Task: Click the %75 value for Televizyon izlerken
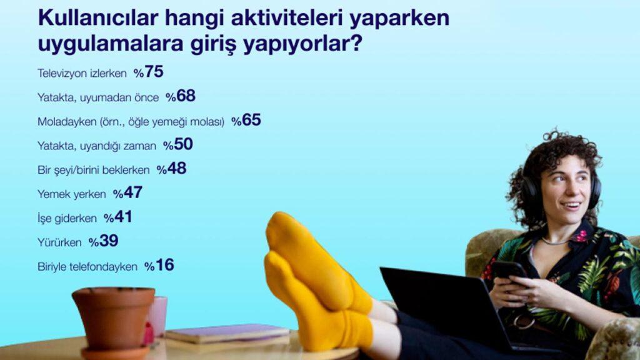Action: point(149,72)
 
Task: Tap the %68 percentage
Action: point(181,96)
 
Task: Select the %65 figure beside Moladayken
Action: point(246,121)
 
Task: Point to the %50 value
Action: point(178,144)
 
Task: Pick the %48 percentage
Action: point(171,169)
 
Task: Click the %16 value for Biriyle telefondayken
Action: point(159,265)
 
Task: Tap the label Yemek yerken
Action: point(71,194)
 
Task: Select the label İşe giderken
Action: point(67,218)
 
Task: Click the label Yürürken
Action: point(59,242)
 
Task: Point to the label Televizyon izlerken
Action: point(82,74)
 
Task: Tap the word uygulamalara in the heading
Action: point(110,44)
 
